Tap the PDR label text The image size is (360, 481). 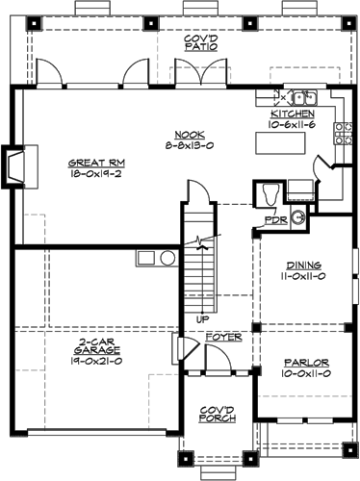pyautogui.click(x=276, y=220)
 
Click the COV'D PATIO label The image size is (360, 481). pyautogui.click(x=200, y=42)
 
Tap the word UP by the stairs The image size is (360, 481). pyautogui.click(x=201, y=318)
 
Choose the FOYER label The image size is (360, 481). pyautogui.click(x=223, y=339)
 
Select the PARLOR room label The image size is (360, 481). pyautogui.click(x=302, y=364)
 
